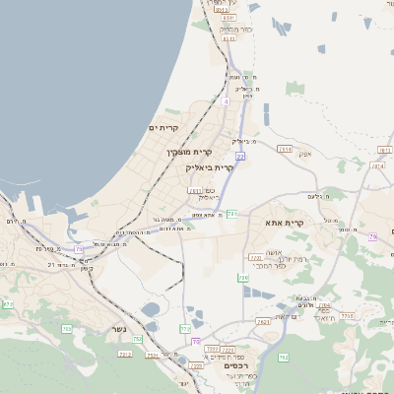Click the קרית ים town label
click(x=162, y=128)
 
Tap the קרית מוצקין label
click(x=188, y=152)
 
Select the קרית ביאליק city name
click(x=210, y=167)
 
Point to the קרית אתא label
click(x=285, y=223)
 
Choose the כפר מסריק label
click(x=236, y=30)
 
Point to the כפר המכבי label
click(x=269, y=266)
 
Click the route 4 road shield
click(x=226, y=101)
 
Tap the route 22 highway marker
click(x=240, y=156)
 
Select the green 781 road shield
click(x=232, y=213)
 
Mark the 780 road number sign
click(x=243, y=279)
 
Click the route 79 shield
click(x=372, y=237)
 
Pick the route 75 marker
click(x=197, y=342)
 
